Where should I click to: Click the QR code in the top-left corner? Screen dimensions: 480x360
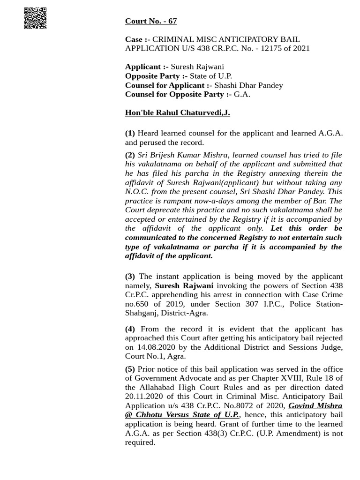pos(35,18)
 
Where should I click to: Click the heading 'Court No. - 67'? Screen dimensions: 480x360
pos(150,21)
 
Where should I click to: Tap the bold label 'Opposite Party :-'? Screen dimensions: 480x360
pos(156,76)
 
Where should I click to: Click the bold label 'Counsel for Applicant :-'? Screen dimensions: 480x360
pos(168,85)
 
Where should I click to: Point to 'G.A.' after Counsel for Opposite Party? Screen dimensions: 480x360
pos(242,94)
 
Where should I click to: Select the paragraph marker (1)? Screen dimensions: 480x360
pos(130,133)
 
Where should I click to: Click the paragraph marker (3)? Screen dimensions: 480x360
pos(130,276)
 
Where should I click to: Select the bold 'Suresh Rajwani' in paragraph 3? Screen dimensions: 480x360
pos(184,285)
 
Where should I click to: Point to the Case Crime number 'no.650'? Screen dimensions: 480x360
pos(137,304)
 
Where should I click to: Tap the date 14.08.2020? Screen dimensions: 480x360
pos(154,347)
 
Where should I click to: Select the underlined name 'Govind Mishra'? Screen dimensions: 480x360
pos(315,405)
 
